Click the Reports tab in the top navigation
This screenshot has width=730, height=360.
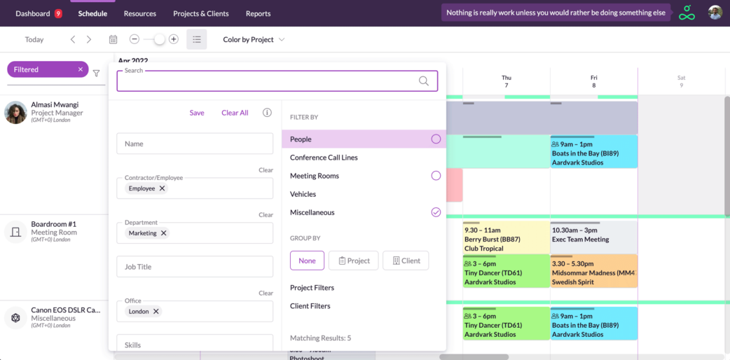coord(258,13)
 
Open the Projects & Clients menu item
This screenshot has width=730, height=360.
coord(201,13)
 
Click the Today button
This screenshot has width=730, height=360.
coord(34,40)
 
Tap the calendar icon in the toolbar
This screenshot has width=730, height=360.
coord(113,40)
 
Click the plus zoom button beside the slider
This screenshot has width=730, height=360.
coord(174,39)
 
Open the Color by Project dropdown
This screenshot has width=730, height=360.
coord(254,40)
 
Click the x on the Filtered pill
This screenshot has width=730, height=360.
coord(81,69)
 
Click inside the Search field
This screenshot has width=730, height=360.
coord(266,81)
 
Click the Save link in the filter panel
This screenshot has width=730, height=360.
coord(197,113)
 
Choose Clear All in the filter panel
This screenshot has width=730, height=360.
coord(235,113)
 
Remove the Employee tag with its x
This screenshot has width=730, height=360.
coord(163,188)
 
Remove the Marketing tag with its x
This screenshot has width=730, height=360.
coord(164,233)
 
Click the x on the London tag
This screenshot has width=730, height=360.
coord(156,312)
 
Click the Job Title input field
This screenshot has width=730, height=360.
coord(195,267)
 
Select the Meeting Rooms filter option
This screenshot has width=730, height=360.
coord(315,176)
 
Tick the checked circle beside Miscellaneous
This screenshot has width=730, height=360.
coord(436,212)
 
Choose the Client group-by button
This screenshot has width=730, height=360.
coord(406,261)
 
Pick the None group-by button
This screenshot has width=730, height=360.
coord(307,261)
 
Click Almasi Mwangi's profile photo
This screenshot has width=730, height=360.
coord(15,112)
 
